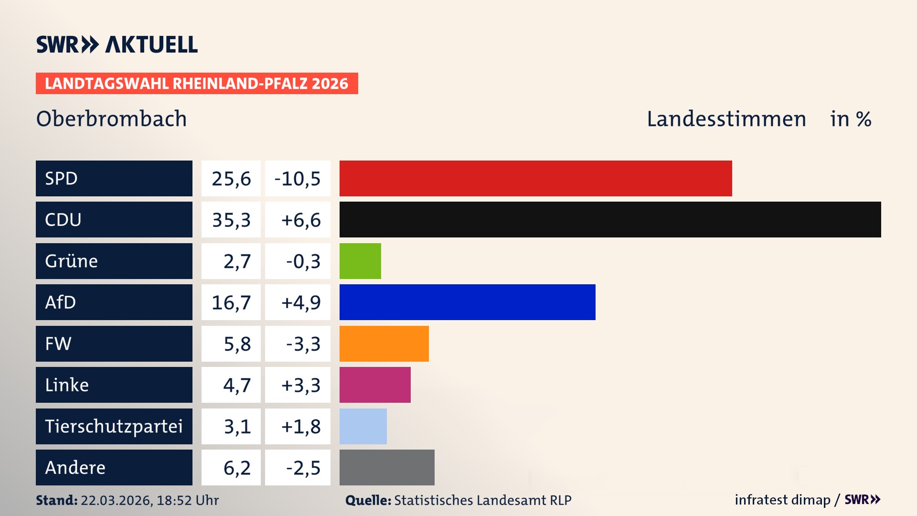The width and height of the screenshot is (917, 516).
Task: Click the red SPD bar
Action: [535, 178]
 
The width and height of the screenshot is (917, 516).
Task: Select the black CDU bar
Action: [610, 220]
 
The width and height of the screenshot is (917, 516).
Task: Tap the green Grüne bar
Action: [360, 261]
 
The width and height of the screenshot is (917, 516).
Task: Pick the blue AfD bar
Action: [467, 302]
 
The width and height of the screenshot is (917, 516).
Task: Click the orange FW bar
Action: [384, 344]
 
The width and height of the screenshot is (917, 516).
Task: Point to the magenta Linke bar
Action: [375, 385]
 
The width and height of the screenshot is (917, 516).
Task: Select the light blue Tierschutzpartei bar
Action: [363, 426]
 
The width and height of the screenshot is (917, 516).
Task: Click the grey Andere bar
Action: [387, 467]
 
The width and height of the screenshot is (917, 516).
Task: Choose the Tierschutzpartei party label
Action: [114, 426]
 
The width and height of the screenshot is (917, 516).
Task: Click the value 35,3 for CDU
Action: [231, 220]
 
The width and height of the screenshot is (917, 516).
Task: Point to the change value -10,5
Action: [298, 178]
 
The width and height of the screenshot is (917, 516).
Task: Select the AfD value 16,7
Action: [231, 302]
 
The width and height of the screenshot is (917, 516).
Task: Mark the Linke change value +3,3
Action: [300, 385]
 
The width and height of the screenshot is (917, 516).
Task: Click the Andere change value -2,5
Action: [303, 467]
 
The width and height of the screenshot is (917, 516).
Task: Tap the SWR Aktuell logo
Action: [117, 44]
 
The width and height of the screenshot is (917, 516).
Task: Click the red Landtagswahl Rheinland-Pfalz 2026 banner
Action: [197, 83]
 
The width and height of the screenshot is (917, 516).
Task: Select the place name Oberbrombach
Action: [111, 118]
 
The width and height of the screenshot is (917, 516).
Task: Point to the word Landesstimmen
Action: [726, 118]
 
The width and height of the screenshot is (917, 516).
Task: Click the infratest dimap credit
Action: [782, 500]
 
